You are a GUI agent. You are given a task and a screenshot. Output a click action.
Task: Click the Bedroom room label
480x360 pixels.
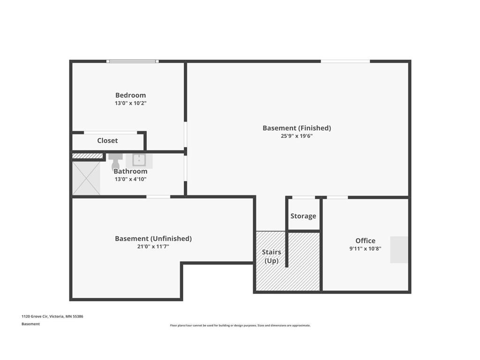tap(130, 95)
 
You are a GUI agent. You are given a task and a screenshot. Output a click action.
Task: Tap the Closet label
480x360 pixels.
tap(107, 141)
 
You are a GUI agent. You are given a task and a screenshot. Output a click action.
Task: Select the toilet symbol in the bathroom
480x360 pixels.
tap(115, 160)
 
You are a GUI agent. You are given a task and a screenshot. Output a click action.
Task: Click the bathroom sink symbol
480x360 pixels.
tap(139, 160)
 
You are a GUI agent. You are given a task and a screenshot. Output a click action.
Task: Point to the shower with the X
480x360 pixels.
tap(86, 178)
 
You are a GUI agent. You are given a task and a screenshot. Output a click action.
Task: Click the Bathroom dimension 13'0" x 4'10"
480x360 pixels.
tap(130, 179)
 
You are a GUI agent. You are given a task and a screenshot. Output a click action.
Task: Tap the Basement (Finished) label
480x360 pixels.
tap(297, 128)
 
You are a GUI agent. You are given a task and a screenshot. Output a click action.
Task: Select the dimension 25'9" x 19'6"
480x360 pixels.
tap(297, 136)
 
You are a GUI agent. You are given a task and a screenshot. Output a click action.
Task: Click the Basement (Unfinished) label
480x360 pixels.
tap(153, 239)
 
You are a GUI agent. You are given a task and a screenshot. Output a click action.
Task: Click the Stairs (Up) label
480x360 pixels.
tap(271, 256)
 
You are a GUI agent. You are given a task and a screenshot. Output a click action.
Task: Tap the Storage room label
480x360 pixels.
tap(303, 216)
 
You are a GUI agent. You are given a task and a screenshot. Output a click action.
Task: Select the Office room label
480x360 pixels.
tap(365, 241)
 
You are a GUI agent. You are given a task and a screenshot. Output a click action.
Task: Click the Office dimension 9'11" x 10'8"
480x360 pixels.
tap(365, 249)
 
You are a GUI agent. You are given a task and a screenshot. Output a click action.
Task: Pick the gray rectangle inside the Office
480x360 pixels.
tap(399, 249)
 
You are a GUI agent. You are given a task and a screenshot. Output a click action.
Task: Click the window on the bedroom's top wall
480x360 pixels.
tap(132, 61)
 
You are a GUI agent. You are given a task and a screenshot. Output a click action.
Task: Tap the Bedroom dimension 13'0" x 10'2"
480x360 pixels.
tap(130, 103)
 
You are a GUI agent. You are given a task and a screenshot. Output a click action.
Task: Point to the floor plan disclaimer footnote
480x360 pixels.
tap(240, 325)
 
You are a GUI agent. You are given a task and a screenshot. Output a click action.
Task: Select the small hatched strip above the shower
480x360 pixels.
tap(87, 156)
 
